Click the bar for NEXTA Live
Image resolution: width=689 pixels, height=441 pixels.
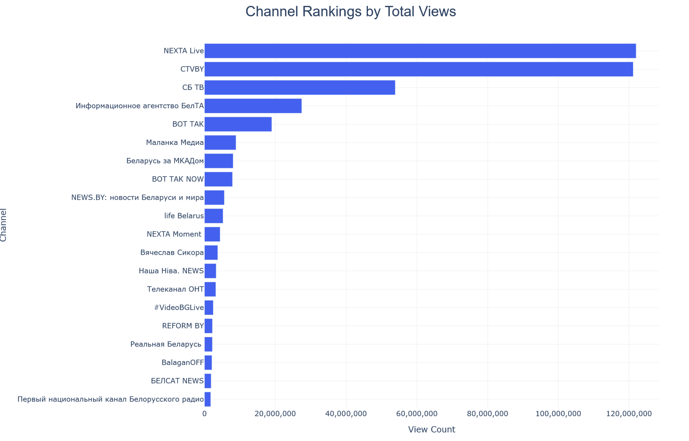tap(420, 51)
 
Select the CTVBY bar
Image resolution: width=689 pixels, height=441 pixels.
tap(419, 69)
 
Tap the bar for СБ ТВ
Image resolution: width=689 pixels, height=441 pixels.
tap(299, 87)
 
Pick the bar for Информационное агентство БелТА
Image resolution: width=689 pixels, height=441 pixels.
tap(253, 106)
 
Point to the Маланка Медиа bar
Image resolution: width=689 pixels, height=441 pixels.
tap(220, 143)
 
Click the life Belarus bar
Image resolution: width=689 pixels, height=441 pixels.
tap(214, 216)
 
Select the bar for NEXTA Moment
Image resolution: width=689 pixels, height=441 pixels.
tap(212, 234)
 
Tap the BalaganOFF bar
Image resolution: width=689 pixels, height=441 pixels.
tap(208, 363)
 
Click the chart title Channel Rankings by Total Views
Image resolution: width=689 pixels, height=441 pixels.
tap(351, 11)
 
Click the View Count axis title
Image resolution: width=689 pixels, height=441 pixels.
tap(431, 430)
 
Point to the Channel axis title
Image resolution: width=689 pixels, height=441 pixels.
tap(3, 225)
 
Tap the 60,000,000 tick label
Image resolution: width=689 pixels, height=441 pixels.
tap(417, 414)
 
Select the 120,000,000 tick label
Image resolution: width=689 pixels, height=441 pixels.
tap(629, 414)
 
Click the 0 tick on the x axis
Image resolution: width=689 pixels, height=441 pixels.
tap(205, 414)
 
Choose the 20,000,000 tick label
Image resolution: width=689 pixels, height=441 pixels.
tap(275, 414)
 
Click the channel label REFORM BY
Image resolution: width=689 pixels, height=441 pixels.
tap(183, 326)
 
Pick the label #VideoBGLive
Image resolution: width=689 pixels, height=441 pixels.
tap(179, 308)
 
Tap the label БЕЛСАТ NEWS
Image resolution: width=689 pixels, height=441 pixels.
tap(177, 381)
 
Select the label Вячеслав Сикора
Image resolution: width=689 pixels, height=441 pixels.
tap(172, 252)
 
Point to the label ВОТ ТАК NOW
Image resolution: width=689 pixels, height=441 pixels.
tap(178, 179)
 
